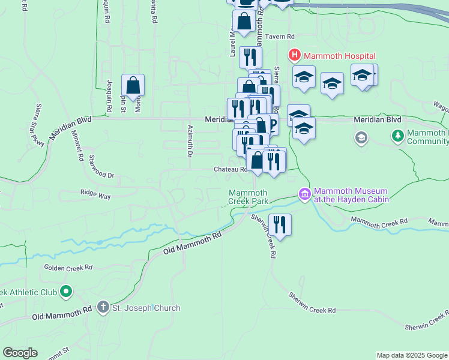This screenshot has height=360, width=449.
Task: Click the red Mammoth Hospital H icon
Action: coord(294,56)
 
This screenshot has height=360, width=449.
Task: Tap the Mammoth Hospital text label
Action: coord(340,56)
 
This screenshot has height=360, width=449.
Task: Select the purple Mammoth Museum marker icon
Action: coord(304,194)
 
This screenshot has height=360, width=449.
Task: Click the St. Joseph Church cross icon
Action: coord(103,308)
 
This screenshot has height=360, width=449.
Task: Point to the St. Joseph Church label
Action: coord(146,308)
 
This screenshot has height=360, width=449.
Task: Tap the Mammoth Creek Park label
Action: coord(248,197)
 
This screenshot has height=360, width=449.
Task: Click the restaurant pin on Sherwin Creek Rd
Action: coord(280,225)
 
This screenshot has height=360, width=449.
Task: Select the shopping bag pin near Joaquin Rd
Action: coord(133,86)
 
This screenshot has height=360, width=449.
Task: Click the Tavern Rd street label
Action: coord(282,37)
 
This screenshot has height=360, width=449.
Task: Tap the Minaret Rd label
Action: coord(76,146)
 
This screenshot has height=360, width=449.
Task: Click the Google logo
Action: coord(20,353)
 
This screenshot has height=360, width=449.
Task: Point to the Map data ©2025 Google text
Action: coord(411,355)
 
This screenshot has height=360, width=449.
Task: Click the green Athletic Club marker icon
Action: coord(66,292)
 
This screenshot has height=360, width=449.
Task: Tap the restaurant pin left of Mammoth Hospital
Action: coord(249,58)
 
